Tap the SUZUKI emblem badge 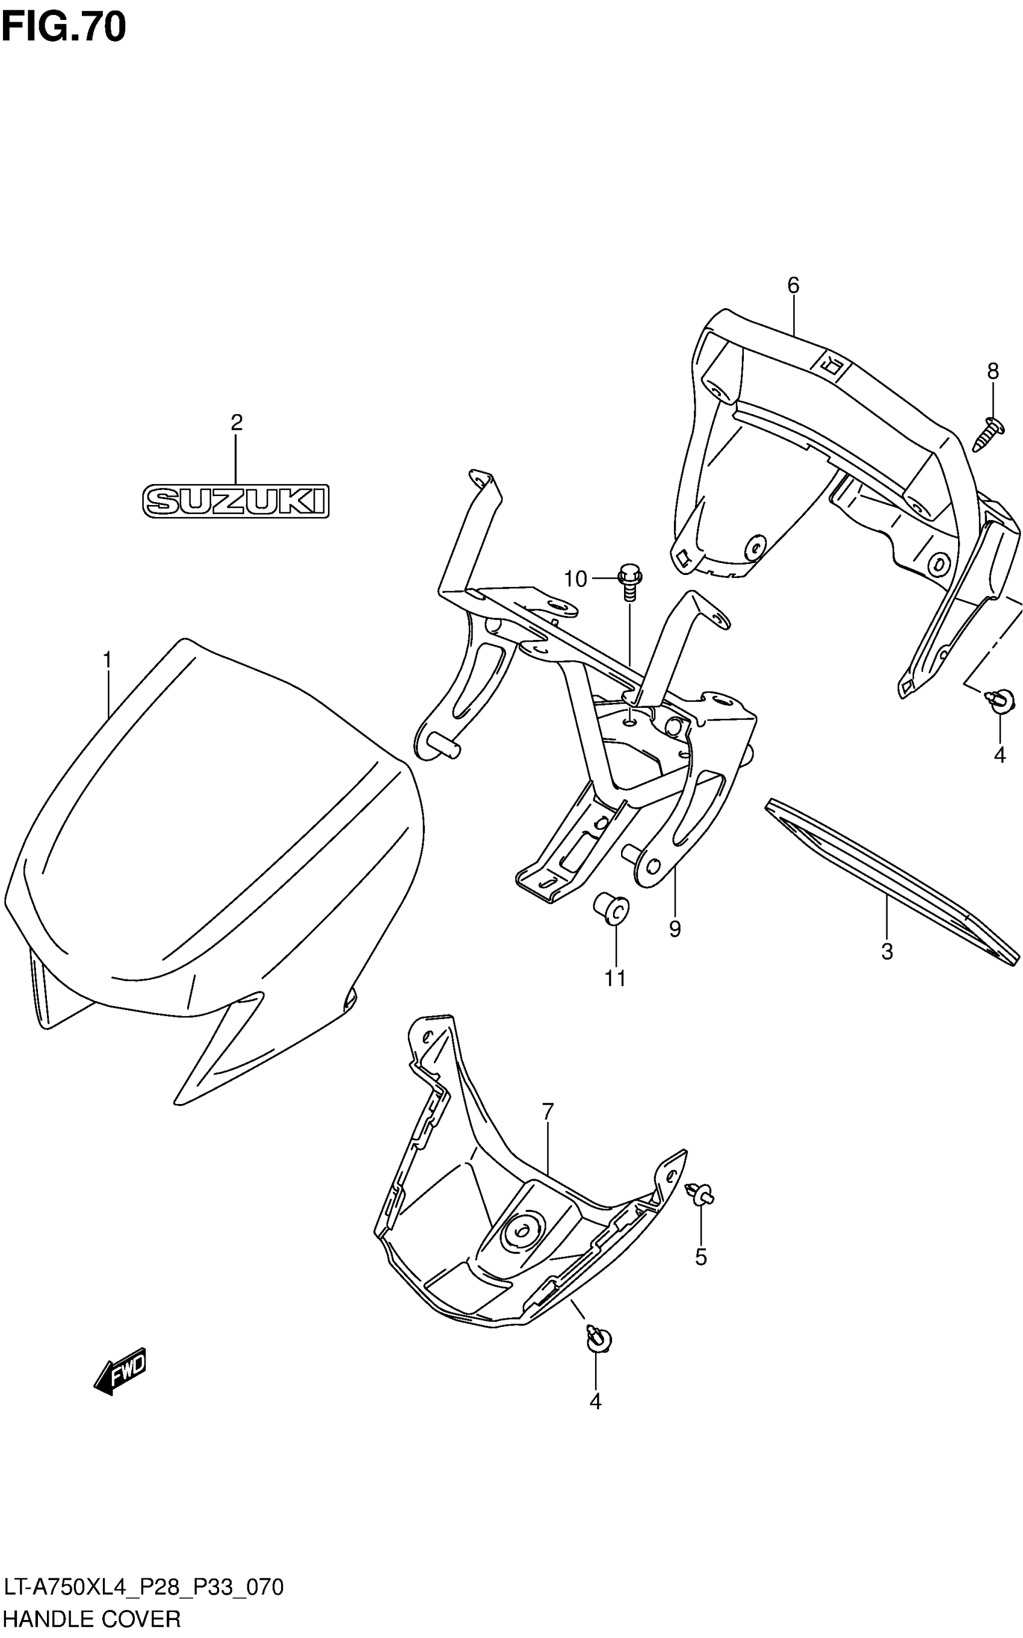pyautogui.click(x=235, y=501)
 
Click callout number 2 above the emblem pyautogui.click(x=236, y=423)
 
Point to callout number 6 pyautogui.click(x=793, y=285)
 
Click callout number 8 pyautogui.click(x=992, y=371)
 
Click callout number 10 pyautogui.click(x=576, y=579)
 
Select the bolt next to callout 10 pyautogui.click(x=629, y=582)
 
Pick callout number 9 pyautogui.click(x=675, y=929)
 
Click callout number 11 pyautogui.click(x=615, y=978)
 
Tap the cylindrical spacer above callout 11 pyautogui.click(x=611, y=909)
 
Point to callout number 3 pyautogui.click(x=887, y=952)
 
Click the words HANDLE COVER pyautogui.click(x=91, y=1619)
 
